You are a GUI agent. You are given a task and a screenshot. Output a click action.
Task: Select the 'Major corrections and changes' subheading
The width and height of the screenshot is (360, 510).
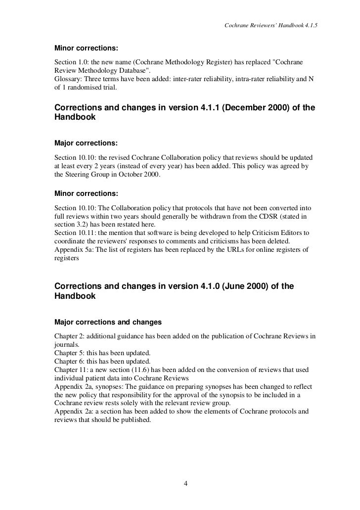[x=108, y=322]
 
